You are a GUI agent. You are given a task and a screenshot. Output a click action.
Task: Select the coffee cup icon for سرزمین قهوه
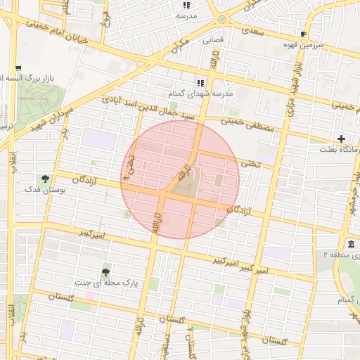click(303, 34)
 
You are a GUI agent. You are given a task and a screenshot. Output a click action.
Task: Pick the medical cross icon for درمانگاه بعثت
click(342, 139)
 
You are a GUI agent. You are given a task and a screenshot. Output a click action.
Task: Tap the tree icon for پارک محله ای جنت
click(105, 271)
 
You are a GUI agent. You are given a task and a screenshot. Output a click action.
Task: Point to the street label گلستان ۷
click(190, 342)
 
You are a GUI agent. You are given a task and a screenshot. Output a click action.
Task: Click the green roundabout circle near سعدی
click(222, 19)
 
